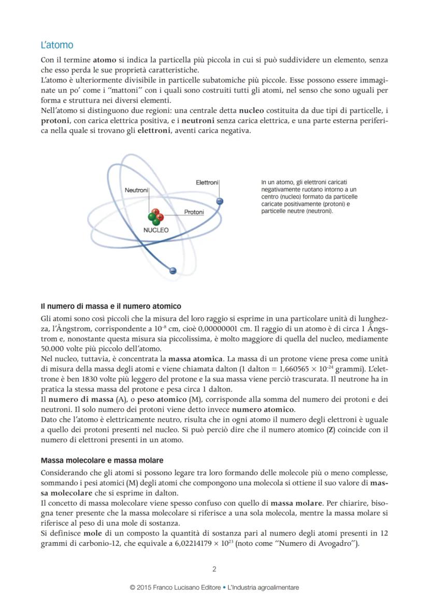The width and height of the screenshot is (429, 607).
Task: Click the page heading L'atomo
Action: pyautogui.click(x=57, y=45)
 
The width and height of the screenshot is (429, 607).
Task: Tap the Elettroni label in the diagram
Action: pyautogui.click(x=207, y=182)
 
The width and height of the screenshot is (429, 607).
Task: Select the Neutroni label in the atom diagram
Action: pyautogui.click(x=136, y=190)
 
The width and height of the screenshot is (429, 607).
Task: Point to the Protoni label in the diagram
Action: pyautogui.click(x=194, y=212)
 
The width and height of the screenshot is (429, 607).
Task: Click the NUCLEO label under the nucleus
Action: pyautogui.click(x=156, y=230)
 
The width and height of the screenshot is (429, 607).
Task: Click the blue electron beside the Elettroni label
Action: pyautogui.click(x=220, y=201)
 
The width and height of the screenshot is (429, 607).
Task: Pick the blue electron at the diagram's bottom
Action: pyautogui.click(x=173, y=271)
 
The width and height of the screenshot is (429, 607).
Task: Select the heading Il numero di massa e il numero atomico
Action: pyautogui.click(x=111, y=306)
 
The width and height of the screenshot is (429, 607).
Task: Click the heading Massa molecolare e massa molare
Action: pyautogui.click(x=102, y=460)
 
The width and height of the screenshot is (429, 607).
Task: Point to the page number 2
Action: pyautogui.click(x=214, y=569)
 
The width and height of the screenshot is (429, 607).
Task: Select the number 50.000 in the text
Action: pyautogui.click(x=52, y=348)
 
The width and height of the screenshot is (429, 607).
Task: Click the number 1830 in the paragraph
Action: pyautogui.click(x=75, y=379)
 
